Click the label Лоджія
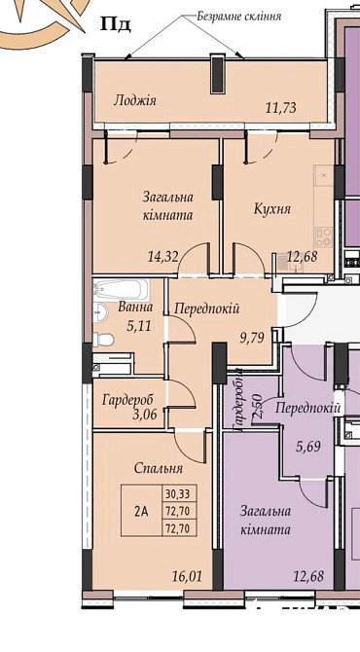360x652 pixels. tap(135, 100)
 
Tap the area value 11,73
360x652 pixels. tap(282, 110)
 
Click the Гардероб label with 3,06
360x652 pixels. tap(129, 406)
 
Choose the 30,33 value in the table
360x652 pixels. tap(177, 493)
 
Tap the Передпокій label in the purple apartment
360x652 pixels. tap(307, 409)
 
